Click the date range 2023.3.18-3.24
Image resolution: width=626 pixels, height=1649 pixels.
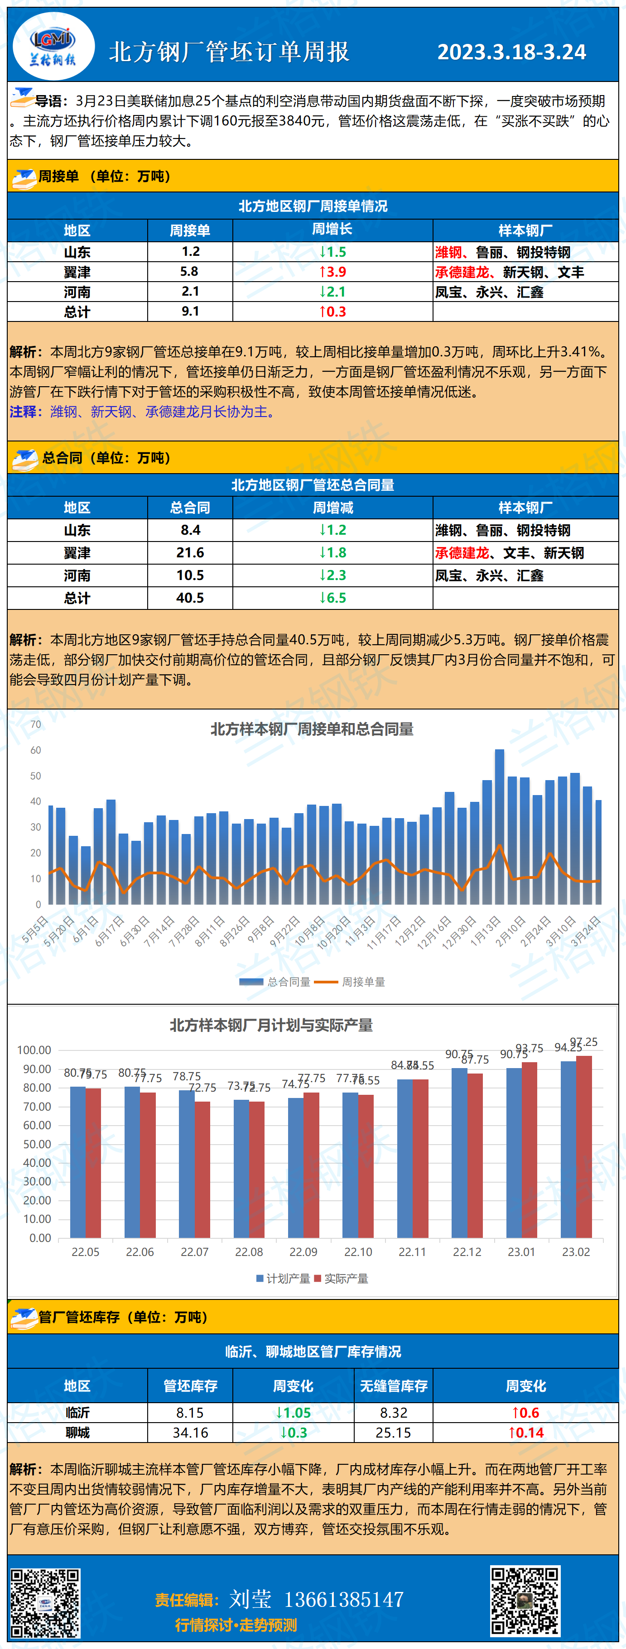coord(511,52)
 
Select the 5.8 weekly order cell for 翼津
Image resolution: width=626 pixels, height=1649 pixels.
coord(190,271)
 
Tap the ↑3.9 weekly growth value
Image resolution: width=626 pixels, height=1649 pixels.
coord(332,271)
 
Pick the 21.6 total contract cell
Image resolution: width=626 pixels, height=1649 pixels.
coord(190,552)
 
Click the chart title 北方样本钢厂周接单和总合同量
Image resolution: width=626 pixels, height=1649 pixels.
coord(312,729)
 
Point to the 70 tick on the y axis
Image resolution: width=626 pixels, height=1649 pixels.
coord(36,724)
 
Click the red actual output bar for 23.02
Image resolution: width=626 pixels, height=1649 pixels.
coord(584,1146)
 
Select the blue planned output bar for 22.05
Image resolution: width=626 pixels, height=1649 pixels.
coord(77,1162)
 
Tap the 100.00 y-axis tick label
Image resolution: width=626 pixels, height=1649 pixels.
coord(34,1050)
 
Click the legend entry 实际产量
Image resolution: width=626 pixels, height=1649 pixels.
coord(345,1278)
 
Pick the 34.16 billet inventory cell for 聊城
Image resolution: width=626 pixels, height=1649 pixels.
coord(190,1433)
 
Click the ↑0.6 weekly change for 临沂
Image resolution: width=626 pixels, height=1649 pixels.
coord(525,1413)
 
